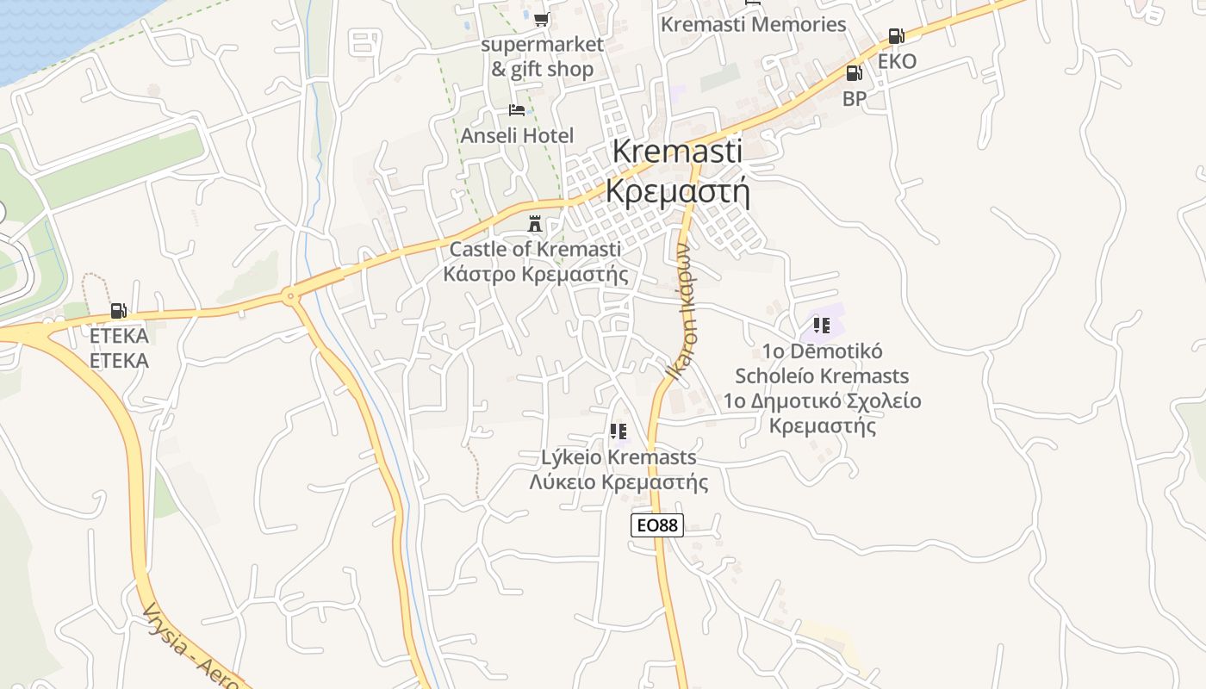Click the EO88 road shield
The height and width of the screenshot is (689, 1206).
[656, 525]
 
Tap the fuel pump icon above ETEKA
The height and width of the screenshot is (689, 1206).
[118, 311]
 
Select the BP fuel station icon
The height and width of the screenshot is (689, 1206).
[854, 73]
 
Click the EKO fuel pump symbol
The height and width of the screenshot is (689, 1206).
[896, 36]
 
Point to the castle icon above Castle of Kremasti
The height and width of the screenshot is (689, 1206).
[535, 225]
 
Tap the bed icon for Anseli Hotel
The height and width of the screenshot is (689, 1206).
[517, 110]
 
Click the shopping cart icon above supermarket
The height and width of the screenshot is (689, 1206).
[541, 19]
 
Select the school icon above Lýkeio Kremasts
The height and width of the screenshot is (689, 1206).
[618, 431]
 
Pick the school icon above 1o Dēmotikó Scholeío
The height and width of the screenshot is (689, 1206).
[822, 326]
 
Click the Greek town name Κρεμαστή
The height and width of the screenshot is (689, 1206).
[677, 190]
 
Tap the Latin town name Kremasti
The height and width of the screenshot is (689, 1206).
[677, 151]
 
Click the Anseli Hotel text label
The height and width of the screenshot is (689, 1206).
[517, 135]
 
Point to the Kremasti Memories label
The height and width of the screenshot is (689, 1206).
[753, 24]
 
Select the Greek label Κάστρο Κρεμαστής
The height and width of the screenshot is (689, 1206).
[535, 274]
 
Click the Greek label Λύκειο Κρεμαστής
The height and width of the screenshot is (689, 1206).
[619, 481]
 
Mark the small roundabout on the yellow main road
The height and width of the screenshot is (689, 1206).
[290, 298]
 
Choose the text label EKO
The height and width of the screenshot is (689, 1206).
[897, 61]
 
